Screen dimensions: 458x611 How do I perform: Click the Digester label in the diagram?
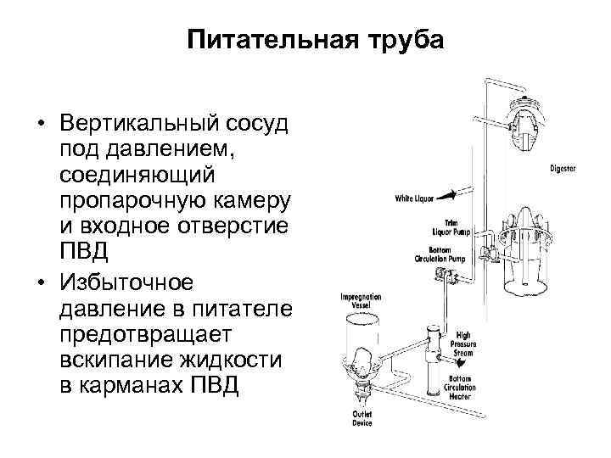[x=561, y=168]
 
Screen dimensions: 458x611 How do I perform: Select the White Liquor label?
[x=414, y=198]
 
